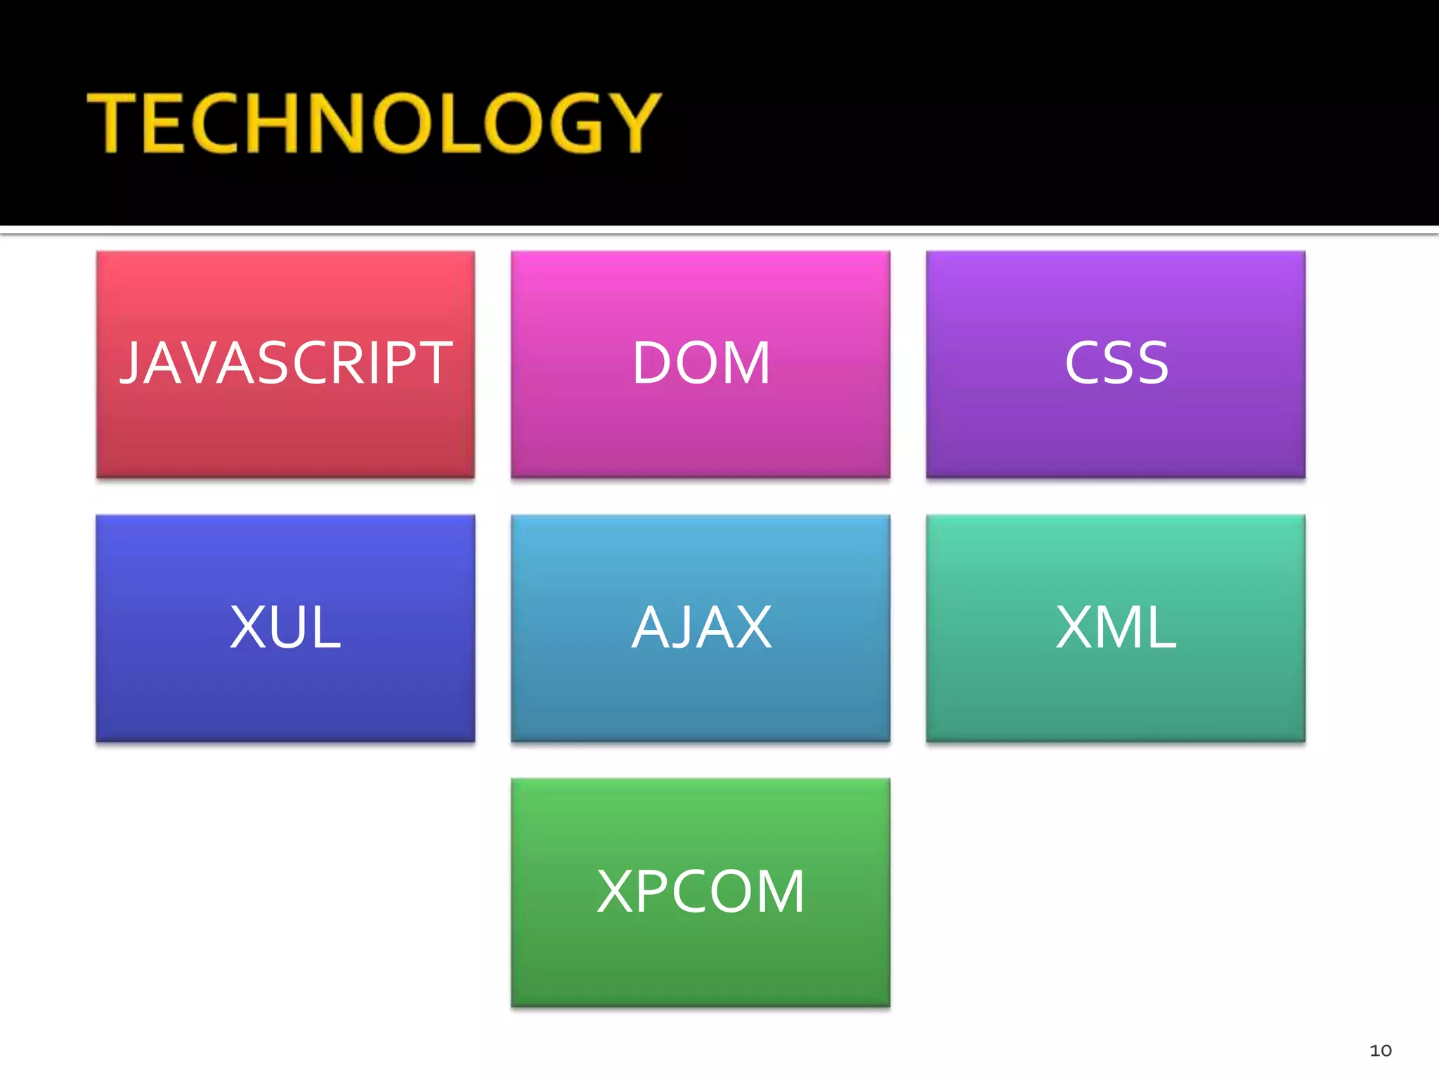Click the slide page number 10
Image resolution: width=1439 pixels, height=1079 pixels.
tap(1380, 1050)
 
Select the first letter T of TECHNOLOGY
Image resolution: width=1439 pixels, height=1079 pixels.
tap(112, 123)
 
